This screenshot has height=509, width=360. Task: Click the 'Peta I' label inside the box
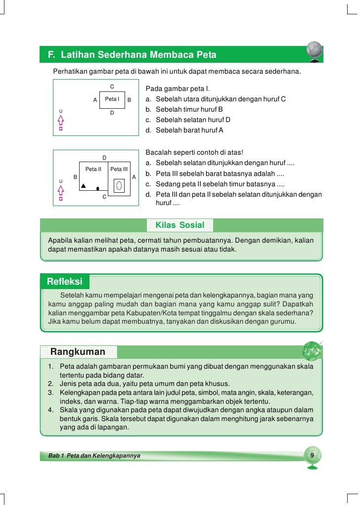point(112,99)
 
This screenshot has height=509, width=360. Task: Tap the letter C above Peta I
point(112,86)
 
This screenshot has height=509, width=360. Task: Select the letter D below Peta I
point(112,113)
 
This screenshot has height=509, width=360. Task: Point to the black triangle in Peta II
point(84,186)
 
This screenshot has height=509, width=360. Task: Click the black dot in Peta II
point(98,188)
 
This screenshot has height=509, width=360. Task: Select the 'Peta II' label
point(93,170)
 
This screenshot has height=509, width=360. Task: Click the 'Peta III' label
point(119,170)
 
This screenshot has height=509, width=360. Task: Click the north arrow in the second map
point(61,192)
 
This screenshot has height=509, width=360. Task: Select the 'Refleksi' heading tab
point(64,282)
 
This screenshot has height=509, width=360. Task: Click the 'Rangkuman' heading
point(78,352)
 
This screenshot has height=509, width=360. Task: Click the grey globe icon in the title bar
point(314,51)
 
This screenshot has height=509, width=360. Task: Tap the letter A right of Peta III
point(134,177)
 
